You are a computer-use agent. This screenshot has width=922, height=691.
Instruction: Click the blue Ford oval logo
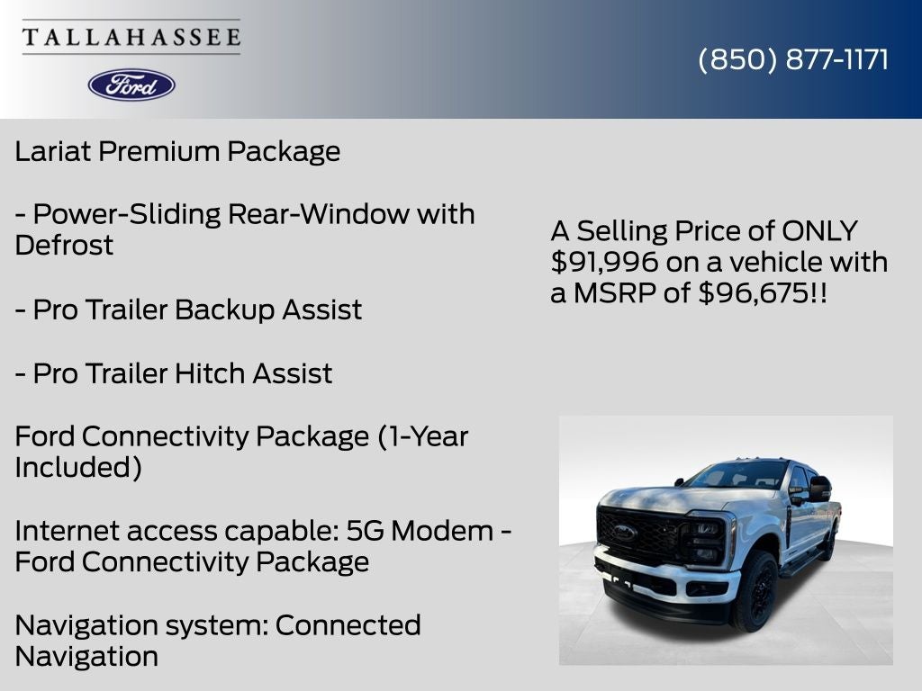point(131,85)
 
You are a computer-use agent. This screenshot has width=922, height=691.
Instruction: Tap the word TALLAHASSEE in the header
point(131,37)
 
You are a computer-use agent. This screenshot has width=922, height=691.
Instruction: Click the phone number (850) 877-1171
point(793,59)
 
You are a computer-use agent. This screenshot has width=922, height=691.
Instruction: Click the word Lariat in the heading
point(54,151)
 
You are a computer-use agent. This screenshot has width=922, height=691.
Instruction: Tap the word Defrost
point(64,245)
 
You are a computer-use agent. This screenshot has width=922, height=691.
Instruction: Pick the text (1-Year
point(422,436)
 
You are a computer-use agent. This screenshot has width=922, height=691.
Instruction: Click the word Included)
point(78,468)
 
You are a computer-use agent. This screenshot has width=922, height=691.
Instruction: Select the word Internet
point(67,531)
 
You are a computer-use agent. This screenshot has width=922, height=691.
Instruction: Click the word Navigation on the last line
point(86,657)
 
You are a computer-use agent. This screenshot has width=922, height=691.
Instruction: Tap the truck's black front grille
point(641,533)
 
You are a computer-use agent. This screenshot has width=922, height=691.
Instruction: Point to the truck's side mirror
point(818,489)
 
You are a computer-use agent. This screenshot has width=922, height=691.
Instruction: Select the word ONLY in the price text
point(819,230)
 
